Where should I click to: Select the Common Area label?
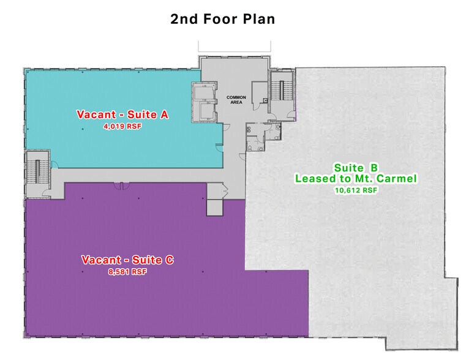236,100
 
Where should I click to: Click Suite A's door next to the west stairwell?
54,165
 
